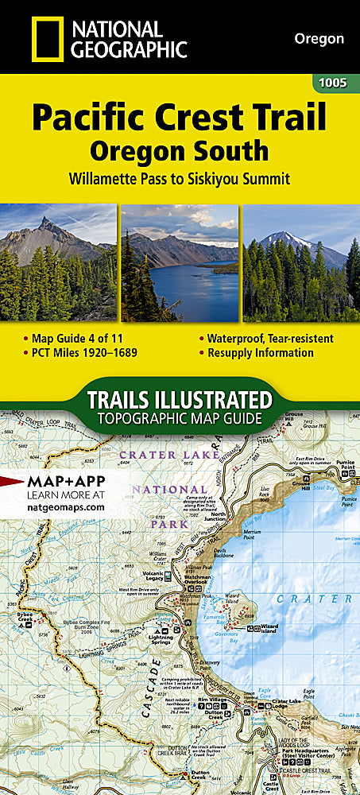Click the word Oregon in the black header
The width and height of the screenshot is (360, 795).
click(x=319, y=38)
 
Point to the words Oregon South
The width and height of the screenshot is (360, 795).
click(x=179, y=149)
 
